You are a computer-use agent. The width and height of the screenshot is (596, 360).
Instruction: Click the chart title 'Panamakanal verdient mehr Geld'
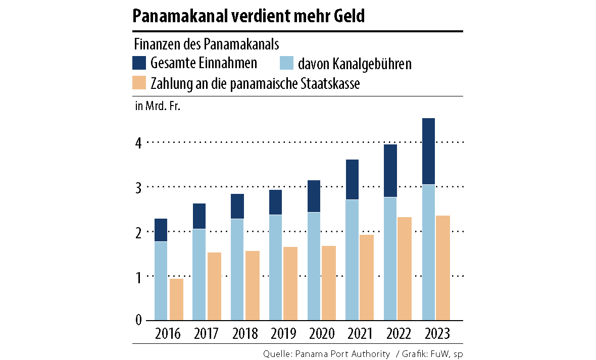[x=248, y=17]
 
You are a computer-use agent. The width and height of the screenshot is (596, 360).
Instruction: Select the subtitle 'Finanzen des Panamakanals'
[x=206, y=44]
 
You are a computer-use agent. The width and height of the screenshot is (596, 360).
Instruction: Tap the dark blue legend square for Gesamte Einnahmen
[x=139, y=63]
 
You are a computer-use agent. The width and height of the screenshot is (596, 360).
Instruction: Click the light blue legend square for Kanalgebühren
[x=286, y=63]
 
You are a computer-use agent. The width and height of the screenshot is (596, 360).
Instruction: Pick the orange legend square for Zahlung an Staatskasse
[x=139, y=83]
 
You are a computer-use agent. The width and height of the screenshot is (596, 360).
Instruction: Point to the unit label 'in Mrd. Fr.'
[x=157, y=107]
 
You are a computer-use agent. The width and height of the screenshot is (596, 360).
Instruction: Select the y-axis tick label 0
[x=137, y=320]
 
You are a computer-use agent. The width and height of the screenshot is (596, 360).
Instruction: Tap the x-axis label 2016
[x=168, y=334]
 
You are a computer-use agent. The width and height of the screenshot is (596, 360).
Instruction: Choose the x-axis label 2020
[x=321, y=334]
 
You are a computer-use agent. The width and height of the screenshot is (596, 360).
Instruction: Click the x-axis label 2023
[x=435, y=334]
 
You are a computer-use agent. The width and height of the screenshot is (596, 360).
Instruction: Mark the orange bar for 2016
[x=176, y=299]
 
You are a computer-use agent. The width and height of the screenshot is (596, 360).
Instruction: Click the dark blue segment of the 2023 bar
[x=428, y=151]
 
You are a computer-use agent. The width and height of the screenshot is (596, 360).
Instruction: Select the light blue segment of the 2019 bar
[x=275, y=268]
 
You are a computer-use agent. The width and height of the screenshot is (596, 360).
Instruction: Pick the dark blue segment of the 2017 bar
[x=199, y=216]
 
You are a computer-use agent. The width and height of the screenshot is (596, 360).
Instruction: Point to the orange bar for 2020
[x=329, y=283]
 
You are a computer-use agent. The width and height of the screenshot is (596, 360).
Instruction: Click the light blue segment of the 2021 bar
[x=352, y=260]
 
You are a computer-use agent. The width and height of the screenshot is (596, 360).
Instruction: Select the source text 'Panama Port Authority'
[x=345, y=353]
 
